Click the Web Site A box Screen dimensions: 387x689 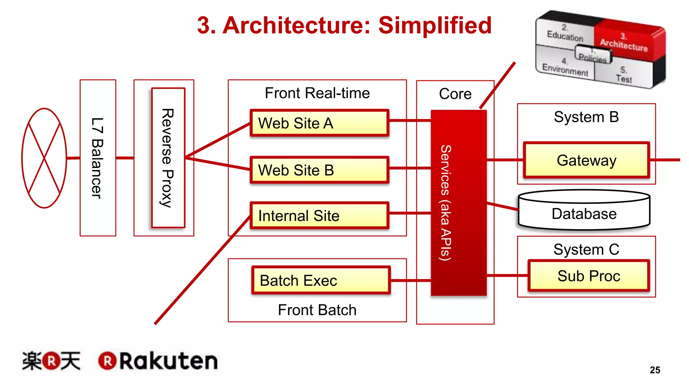pyautogui.click(x=319, y=123)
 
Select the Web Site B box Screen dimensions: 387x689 pyautogui.click(x=319, y=170)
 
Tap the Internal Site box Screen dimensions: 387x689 pyautogui.click(x=319, y=215)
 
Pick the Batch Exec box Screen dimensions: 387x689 pyautogui.click(x=321, y=280)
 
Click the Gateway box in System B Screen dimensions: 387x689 pyautogui.click(x=586, y=160)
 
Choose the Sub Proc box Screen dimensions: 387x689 pyautogui.click(x=588, y=276)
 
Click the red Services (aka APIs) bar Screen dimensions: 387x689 pyautogui.click(x=459, y=203)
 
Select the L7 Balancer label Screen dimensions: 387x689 pyautogui.click(x=98, y=158)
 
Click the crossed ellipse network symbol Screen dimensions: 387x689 pyautogui.click(x=44, y=158)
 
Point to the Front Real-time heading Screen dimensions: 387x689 pyautogui.click(x=317, y=93)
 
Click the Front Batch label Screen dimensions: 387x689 pyautogui.click(x=317, y=310)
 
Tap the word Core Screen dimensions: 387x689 pyautogui.click(x=455, y=94)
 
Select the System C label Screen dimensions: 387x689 pyautogui.click(x=586, y=249)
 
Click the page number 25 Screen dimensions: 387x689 pyautogui.click(x=655, y=370)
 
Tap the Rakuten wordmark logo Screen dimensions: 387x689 pyautogui.click(x=158, y=361)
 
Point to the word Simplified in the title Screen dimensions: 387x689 pyautogui.click(x=435, y=25)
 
